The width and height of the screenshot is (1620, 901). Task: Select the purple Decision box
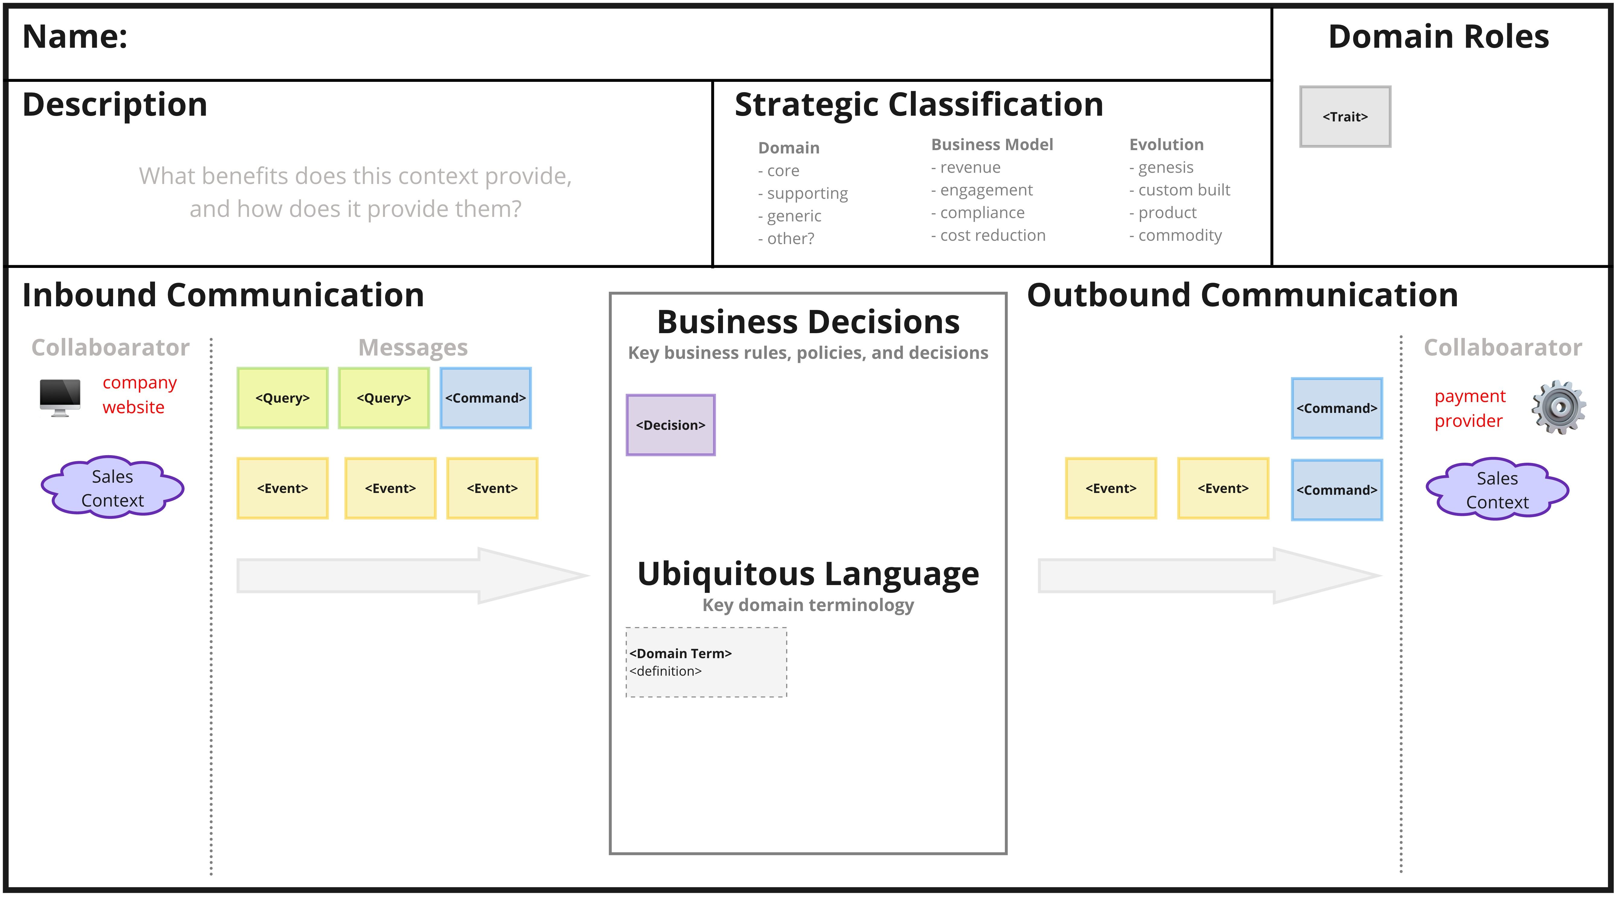point(670,425)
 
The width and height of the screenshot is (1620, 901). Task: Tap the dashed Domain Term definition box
point(705,662)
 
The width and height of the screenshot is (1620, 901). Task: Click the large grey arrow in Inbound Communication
point(412,575)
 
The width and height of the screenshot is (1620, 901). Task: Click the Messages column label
point(412,348)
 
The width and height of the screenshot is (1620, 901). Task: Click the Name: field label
point(75,37)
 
